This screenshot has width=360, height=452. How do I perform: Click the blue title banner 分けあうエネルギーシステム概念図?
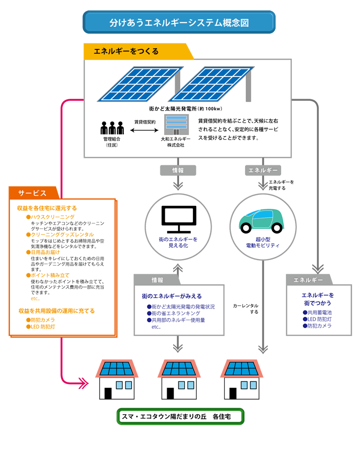tap(179, 23)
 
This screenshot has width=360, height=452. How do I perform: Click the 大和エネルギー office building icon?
tap(176, 125)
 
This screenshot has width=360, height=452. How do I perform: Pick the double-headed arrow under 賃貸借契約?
tap(144, 131)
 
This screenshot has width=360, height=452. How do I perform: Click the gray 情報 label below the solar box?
tap(178, 170)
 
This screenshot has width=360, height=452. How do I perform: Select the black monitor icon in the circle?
tap(178, 219)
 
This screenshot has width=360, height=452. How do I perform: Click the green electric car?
tap(261, 220)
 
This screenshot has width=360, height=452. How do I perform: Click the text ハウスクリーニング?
tap(53, 217)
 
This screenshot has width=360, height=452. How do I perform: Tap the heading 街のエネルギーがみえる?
tap(172, 296)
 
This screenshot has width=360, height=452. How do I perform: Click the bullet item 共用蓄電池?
tap(319, 312)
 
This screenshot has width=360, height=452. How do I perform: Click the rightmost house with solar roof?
tap(242, 379)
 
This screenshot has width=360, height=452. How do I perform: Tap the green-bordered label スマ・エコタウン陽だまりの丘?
tap(180, 416)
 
